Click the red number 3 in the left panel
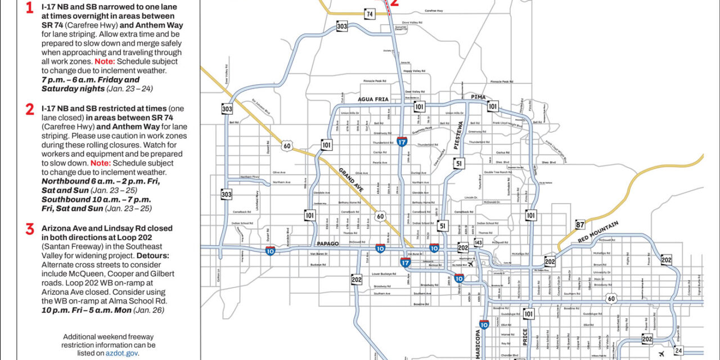point(30,229)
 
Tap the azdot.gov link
point(121,353)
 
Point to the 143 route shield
point(478,242)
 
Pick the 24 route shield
point(678,351)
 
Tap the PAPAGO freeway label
point(328,244)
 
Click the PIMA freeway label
point(478,97)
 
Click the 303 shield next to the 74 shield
point(341,26)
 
